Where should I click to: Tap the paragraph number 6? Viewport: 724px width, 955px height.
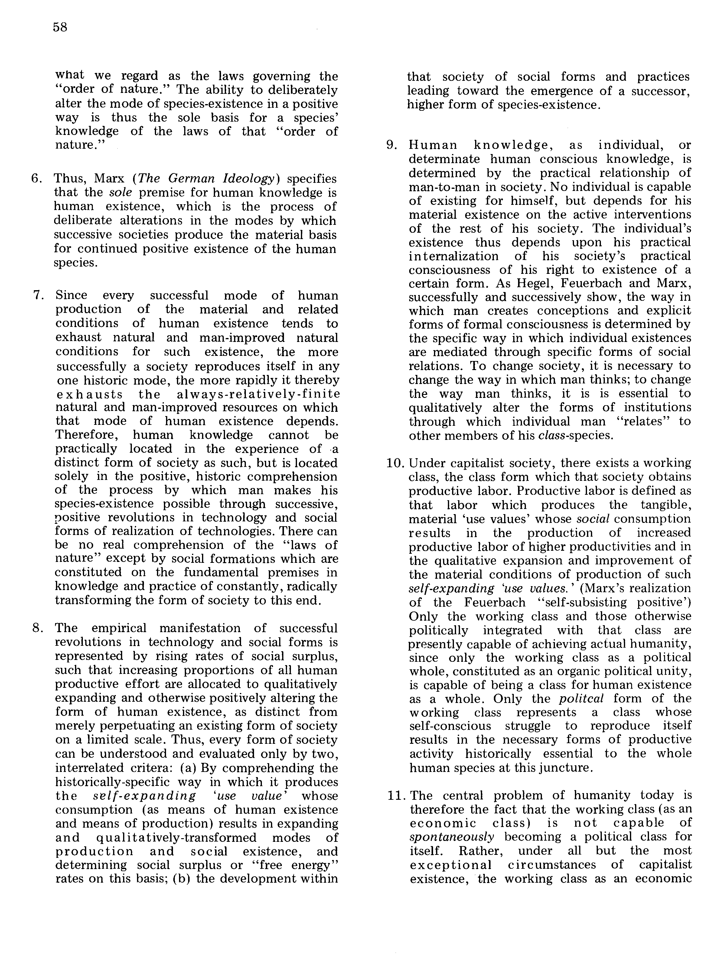click(x=36, y=178)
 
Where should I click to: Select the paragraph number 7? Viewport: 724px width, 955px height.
click(x=38, y=295)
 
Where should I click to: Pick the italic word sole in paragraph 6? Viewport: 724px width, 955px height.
click(x=120, y=192)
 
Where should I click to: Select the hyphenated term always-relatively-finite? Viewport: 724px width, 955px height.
click(x=258, y=394)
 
